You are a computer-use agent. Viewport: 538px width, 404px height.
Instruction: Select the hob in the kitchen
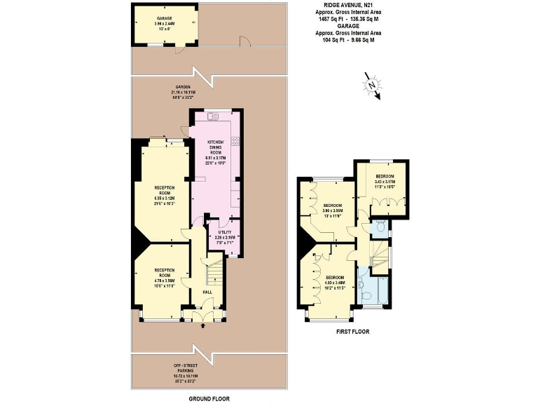pos(235,141)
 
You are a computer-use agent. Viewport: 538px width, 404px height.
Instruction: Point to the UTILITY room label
pos(225,231)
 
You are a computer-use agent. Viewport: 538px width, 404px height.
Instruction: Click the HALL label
pos(207,292)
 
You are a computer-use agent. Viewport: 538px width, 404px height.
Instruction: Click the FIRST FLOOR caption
pos(352,331)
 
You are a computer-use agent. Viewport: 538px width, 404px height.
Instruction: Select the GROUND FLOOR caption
pos(209,398)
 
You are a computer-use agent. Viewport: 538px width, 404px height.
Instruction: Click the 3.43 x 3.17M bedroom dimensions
pos(384,182)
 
